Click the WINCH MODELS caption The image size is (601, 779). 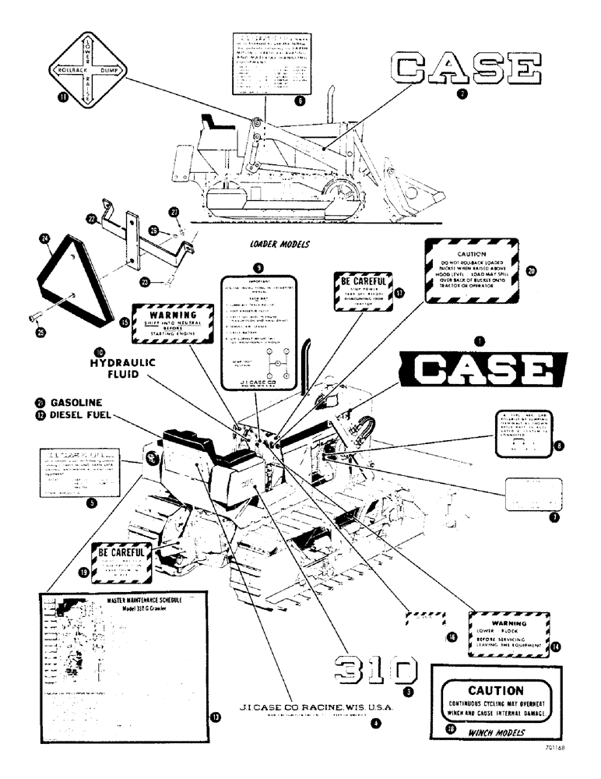(x=494, y=732)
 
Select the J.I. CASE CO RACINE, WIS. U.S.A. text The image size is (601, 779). (x=315, y=707)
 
